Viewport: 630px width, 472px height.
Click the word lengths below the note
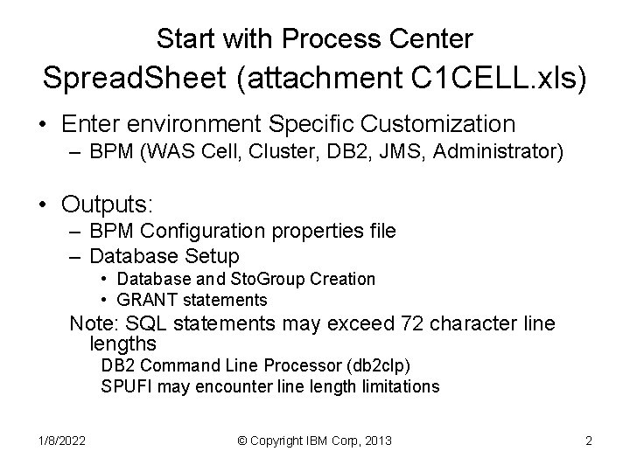pyautogui.click(x=123, y=344)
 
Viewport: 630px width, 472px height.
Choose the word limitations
pyautogui.click(x=398, y=386)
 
